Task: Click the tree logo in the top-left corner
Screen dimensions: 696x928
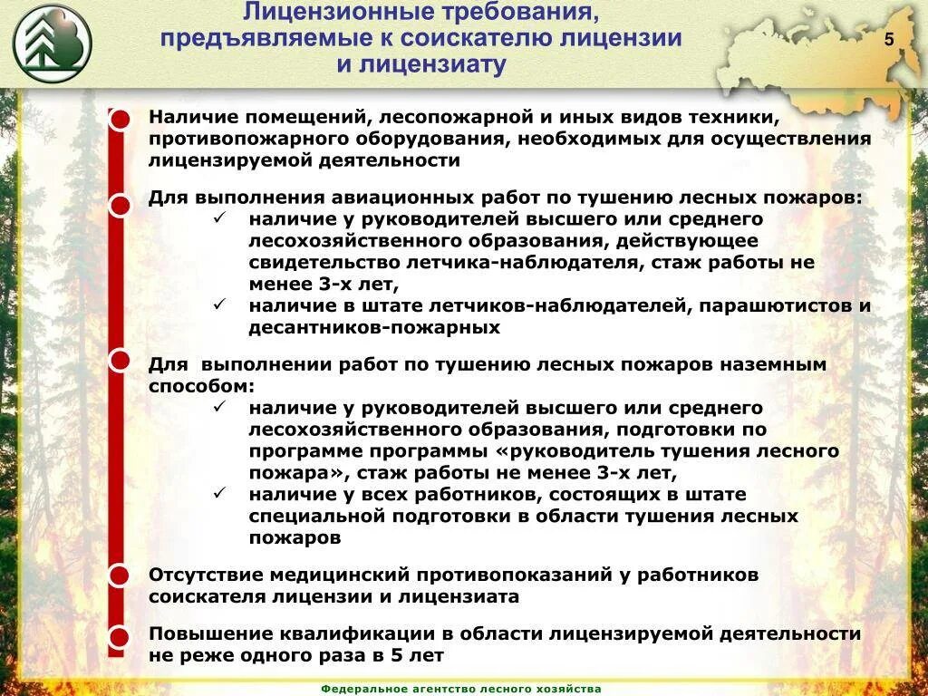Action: point(53,43)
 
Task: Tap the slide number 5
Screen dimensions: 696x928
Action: point(889,40)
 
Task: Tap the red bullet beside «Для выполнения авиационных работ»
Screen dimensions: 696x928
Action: point(120,206)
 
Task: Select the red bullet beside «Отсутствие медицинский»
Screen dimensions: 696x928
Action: point(120,575)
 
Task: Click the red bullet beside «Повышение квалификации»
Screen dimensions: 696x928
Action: point(120,636)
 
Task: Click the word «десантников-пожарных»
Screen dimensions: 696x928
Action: point(375,327)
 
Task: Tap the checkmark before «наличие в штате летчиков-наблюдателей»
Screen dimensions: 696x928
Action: point(220,304)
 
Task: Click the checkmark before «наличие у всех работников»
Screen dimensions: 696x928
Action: point(220,493)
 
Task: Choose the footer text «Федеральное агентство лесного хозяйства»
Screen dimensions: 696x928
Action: point(461,689)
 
